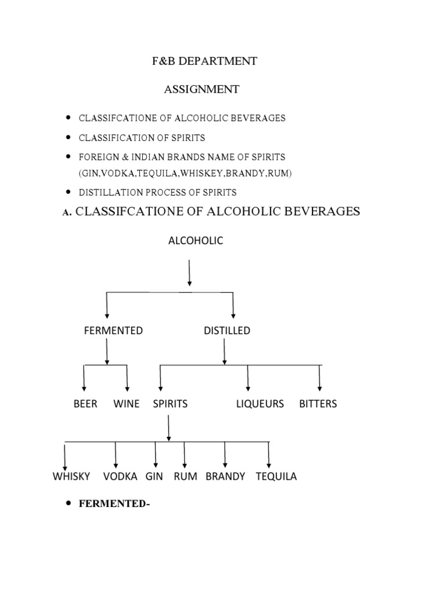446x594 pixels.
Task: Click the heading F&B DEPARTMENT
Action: coord(201,61)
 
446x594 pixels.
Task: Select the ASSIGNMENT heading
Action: coord(201,89)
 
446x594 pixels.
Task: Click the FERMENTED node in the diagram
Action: coord(113,331)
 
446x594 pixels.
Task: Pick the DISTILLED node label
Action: coord(227,331)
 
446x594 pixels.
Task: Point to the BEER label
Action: coord(85,404)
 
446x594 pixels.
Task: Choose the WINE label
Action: coord(127,404)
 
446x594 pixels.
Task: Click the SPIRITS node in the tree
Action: coord(170,404)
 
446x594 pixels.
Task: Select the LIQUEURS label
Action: coord(260,404)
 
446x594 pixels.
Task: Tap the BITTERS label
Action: coord(318,404)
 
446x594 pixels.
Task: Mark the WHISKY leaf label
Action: coord(71,477)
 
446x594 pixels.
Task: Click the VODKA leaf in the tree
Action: coord(120,477)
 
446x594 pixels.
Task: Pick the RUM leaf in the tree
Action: coord(185,477)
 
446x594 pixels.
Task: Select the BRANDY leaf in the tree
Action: coord(225,477)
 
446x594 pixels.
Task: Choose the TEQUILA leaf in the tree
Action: coord(276,477)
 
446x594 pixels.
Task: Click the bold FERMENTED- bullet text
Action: coord(114,504)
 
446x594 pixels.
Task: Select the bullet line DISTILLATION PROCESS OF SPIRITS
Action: coord(157,192)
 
